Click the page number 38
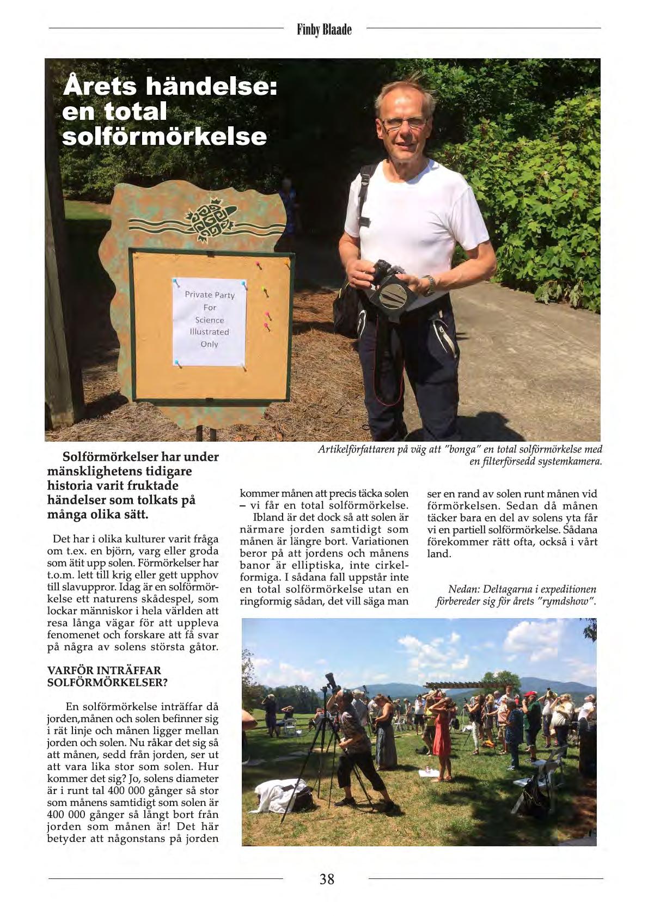[x=327, y=878]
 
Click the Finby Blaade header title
[x=325, y=29]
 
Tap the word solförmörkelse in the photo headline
[x=164, y=136]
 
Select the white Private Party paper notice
[x=210, y=321]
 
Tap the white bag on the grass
[x=278, y=796]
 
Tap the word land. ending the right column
[x=439, y=554]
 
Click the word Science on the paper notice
[x=210, y=320]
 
